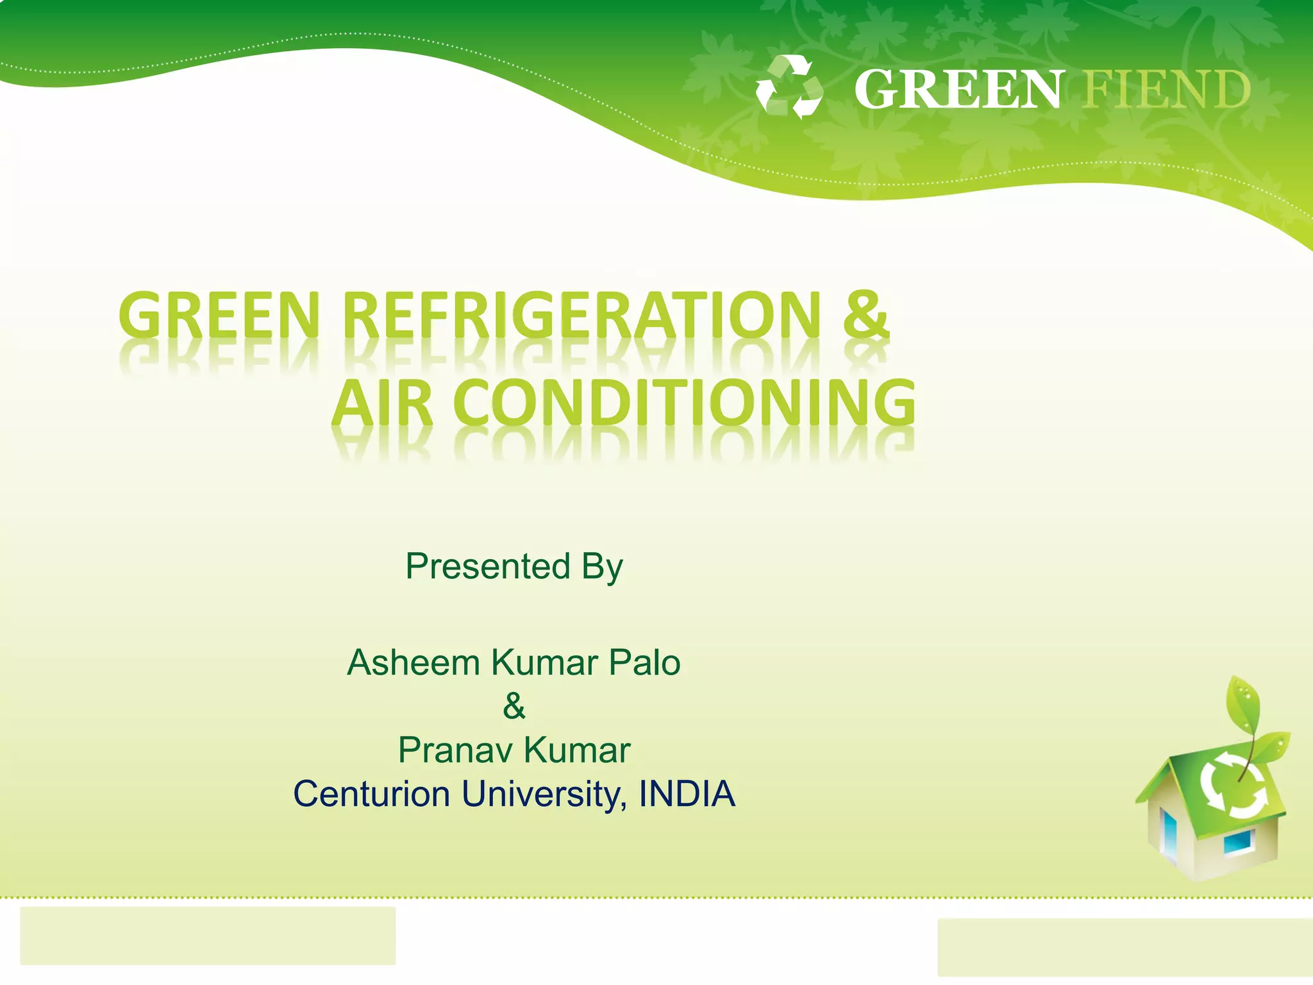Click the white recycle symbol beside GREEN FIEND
(x=789, y=87)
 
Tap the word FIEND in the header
(x=1166, y=90)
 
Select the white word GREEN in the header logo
(x=957, y=90)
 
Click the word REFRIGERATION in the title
(x=581, y=316)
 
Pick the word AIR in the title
(x=382, y=404)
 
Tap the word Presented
(x=487, y=566)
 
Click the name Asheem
(x=414, y=662)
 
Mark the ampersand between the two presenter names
(x=514, y=706)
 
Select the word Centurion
(x=372, y=794)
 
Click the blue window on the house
(x=1237, y=843)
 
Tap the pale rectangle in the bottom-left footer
(x=208, y=935)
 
